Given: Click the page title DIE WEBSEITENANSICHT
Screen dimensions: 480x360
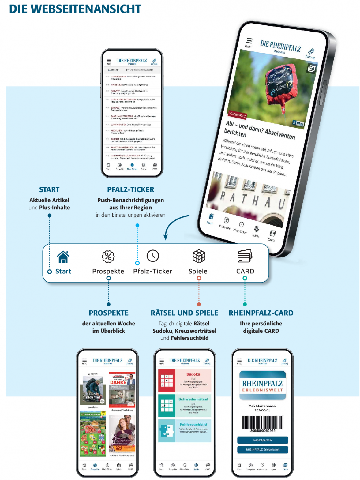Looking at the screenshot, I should (75, 9).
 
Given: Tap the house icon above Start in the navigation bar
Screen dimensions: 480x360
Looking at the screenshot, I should (63, 257).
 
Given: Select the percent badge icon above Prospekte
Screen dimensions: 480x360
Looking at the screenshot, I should (108, 257).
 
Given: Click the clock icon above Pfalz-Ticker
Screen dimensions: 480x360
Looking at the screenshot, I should (153, 256).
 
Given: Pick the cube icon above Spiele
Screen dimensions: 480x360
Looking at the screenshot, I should (199, 256).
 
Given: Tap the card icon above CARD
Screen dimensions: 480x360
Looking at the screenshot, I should (245, 256).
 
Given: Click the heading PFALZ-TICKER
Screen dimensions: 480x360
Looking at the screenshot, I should (131, 190).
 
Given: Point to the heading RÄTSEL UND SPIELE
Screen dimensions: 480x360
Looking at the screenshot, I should (184, 313).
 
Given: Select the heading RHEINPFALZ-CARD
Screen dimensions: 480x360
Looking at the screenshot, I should (261, 313).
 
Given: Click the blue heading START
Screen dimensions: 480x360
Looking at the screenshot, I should (49, 190).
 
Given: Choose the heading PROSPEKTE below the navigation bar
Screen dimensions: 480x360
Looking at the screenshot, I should (109, 313).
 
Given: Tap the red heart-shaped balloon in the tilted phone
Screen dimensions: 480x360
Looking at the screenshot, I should (278, 83).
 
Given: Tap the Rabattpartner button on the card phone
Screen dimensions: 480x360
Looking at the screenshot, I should (263, 440).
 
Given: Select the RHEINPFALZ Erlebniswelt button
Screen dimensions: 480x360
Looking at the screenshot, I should (263, 449).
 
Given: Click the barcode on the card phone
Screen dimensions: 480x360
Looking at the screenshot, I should (263, 422).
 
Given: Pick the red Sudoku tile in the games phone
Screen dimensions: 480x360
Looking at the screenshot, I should (185, 381).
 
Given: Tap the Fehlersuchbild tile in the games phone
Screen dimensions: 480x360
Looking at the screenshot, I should (185, 431).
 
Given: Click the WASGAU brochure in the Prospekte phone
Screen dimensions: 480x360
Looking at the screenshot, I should (93, 433).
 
